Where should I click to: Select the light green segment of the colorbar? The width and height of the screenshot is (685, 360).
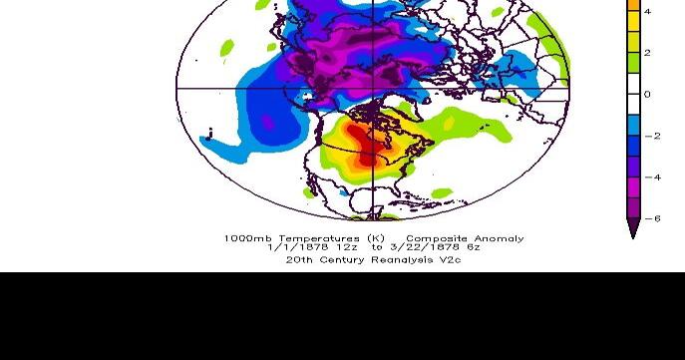point(632,63)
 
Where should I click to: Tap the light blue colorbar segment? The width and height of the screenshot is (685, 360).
point(632,126)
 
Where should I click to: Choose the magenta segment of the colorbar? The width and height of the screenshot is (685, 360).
point(632,187)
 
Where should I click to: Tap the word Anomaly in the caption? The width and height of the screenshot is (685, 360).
point(499,238)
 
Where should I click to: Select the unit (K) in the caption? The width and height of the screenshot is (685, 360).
point(375,238)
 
